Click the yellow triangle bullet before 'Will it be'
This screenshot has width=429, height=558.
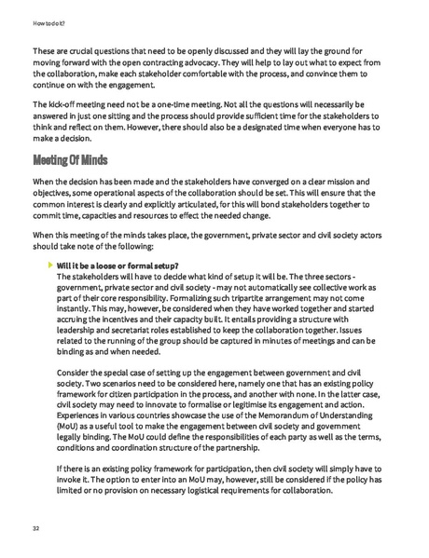51,265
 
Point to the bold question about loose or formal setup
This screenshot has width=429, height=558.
118,266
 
